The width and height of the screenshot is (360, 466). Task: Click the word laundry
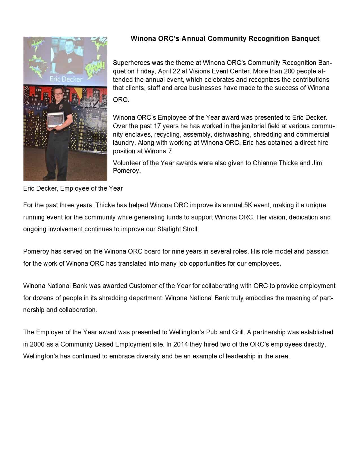click(x=124, y=143)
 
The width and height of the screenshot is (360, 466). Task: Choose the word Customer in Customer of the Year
click(x=143, y=286)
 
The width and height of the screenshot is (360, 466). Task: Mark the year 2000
click(x=37, y=344)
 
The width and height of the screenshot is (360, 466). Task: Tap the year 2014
click(x=181, y=344)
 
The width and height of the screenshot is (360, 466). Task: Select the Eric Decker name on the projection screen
click(x=66, y=79)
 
